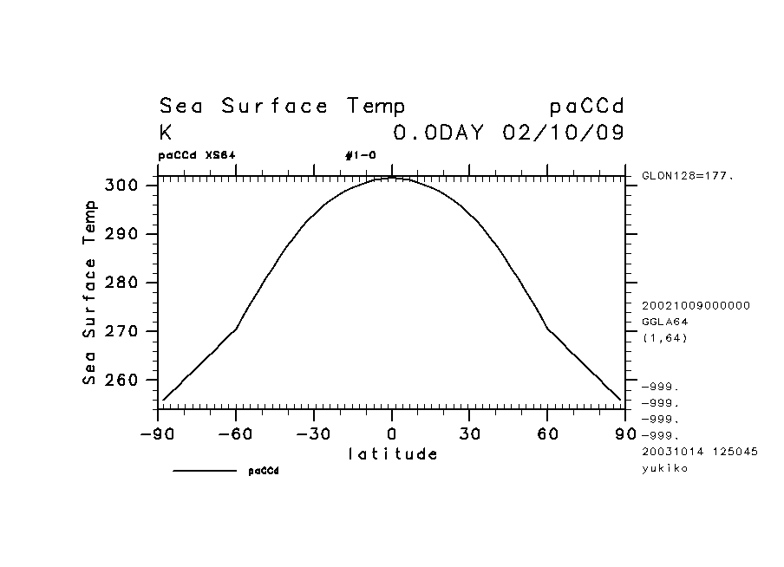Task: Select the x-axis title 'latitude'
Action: click(x=392, y=453)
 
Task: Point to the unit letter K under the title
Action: click(x=166, y=134)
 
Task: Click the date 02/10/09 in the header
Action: click(x=563, y=134)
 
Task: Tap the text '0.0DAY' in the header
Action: click(x=442, y=134)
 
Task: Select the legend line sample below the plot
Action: click(x=205, y=471)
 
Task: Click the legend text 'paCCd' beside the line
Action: click(x=264, y=471)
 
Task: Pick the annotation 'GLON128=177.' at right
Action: click(x=688, y=176)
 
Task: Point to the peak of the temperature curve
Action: click(x=391, y=178)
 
